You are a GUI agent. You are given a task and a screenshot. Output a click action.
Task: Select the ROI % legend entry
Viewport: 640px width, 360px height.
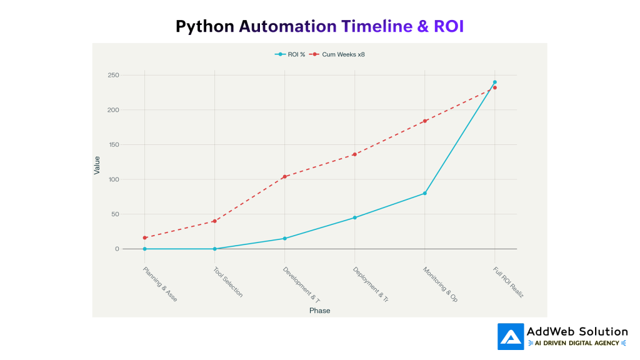coord(292,54)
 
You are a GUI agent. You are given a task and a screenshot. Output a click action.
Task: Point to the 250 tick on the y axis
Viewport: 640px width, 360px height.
coord(113,75)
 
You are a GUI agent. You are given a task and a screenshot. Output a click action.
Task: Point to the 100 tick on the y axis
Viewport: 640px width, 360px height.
coord(113,179)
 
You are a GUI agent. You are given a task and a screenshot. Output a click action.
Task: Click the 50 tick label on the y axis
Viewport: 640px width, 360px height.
coord(115,214)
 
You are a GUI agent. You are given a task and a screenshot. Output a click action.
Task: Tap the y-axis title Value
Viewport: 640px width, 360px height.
coord(97,165)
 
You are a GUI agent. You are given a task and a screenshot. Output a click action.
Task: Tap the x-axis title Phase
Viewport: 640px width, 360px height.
coord(319,311)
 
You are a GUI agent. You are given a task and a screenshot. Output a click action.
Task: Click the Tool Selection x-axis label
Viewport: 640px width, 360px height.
coord(227,282)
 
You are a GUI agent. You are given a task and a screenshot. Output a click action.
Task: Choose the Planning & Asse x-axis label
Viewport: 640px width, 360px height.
coord(160,284)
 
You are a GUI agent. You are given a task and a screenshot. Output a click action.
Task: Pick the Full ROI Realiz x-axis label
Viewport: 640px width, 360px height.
coord(508,282)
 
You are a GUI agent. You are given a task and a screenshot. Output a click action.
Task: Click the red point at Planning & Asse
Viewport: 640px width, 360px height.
coord(144,237)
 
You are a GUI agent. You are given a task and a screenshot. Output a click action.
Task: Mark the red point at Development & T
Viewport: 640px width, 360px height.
coord(284,177)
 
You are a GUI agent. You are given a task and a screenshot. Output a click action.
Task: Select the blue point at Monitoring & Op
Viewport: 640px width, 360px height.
coord(424,193)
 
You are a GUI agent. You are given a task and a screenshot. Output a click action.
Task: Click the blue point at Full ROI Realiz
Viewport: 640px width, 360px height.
coord(494,82)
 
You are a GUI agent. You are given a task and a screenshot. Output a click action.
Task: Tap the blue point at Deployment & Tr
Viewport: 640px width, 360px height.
coord(354,217)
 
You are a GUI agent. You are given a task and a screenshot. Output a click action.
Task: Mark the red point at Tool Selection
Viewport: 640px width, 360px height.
coord(214,221)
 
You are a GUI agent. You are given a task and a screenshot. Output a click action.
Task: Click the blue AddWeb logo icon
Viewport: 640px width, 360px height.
coord(511,336)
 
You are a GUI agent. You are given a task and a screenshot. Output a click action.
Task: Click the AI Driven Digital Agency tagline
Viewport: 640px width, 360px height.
coord(577,343)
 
